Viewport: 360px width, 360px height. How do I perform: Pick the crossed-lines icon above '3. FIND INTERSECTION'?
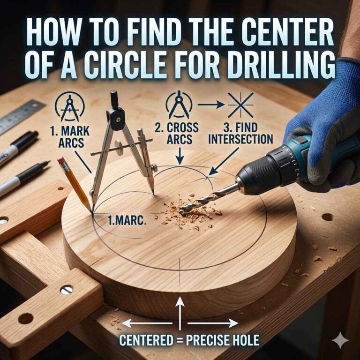point(240,105)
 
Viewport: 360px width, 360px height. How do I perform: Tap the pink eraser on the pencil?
point(60,161)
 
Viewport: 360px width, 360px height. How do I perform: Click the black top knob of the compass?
point(114,100)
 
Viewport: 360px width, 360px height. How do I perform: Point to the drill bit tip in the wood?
point(182,210)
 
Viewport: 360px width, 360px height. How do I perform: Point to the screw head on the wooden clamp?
point(67,290)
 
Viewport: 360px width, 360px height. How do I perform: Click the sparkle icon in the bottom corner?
point(337,338)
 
